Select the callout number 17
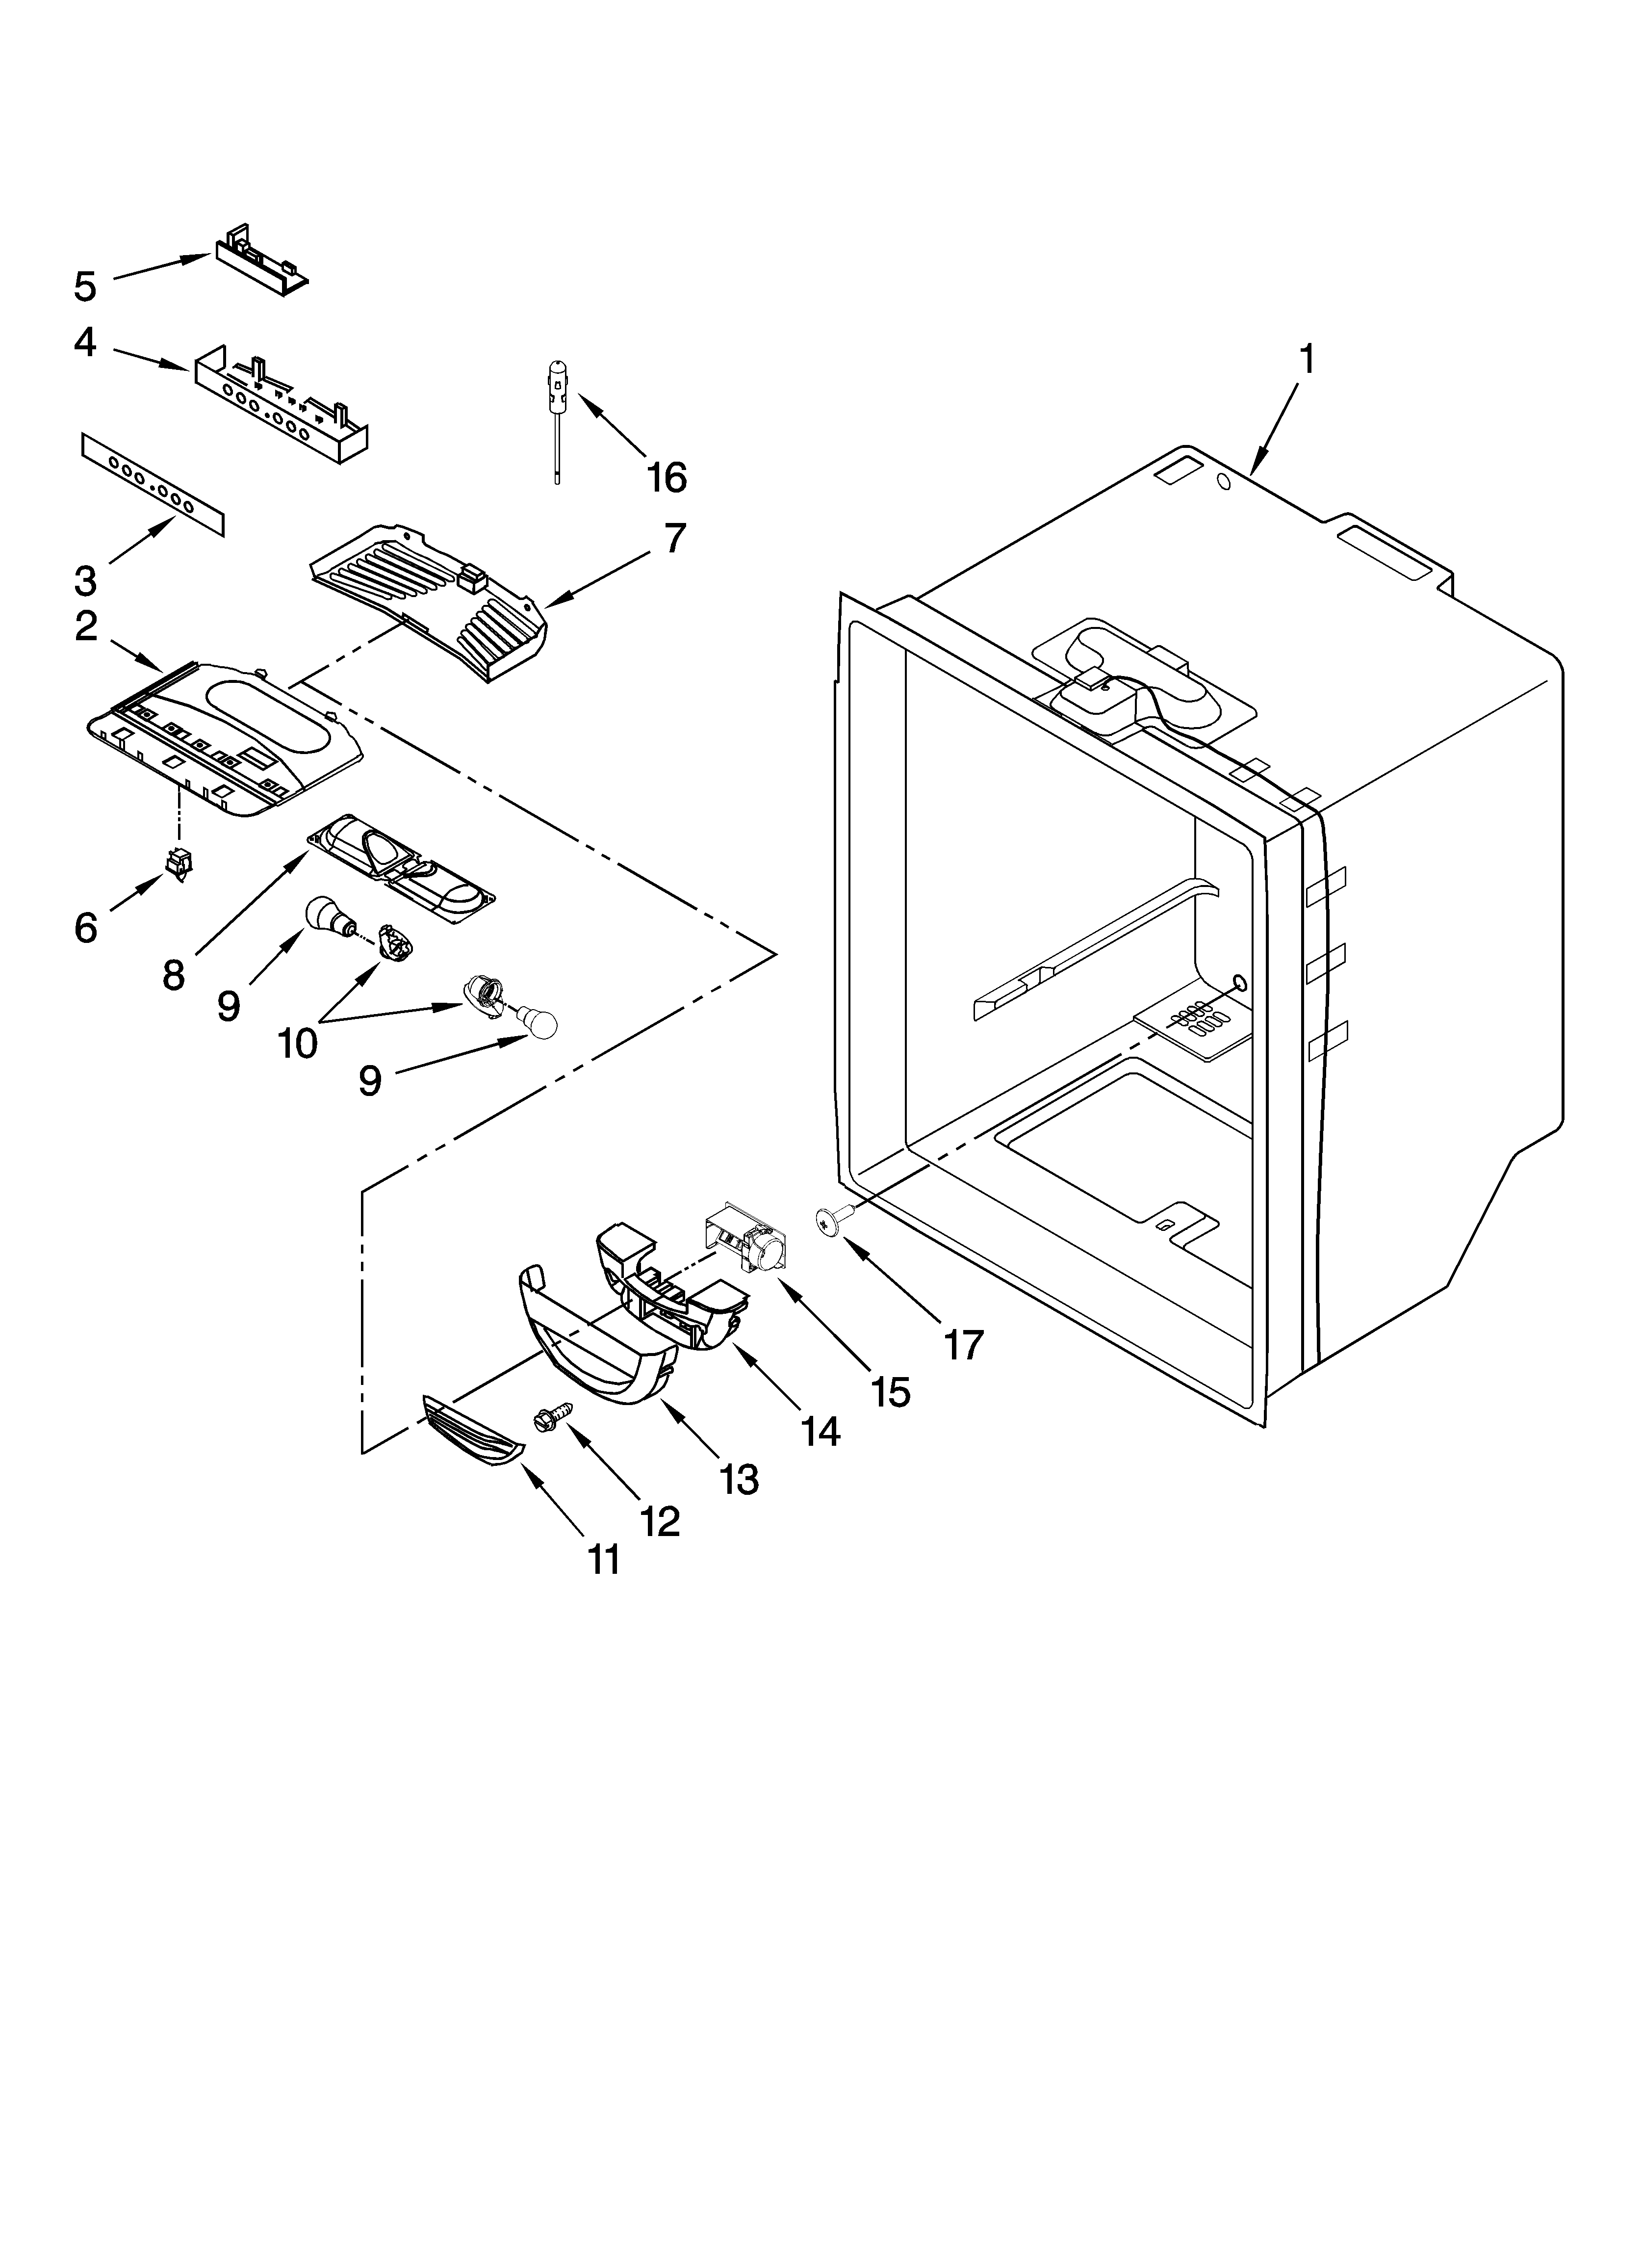[964, 1345]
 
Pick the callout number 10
[297, 1043]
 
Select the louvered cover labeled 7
[430, 600]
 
